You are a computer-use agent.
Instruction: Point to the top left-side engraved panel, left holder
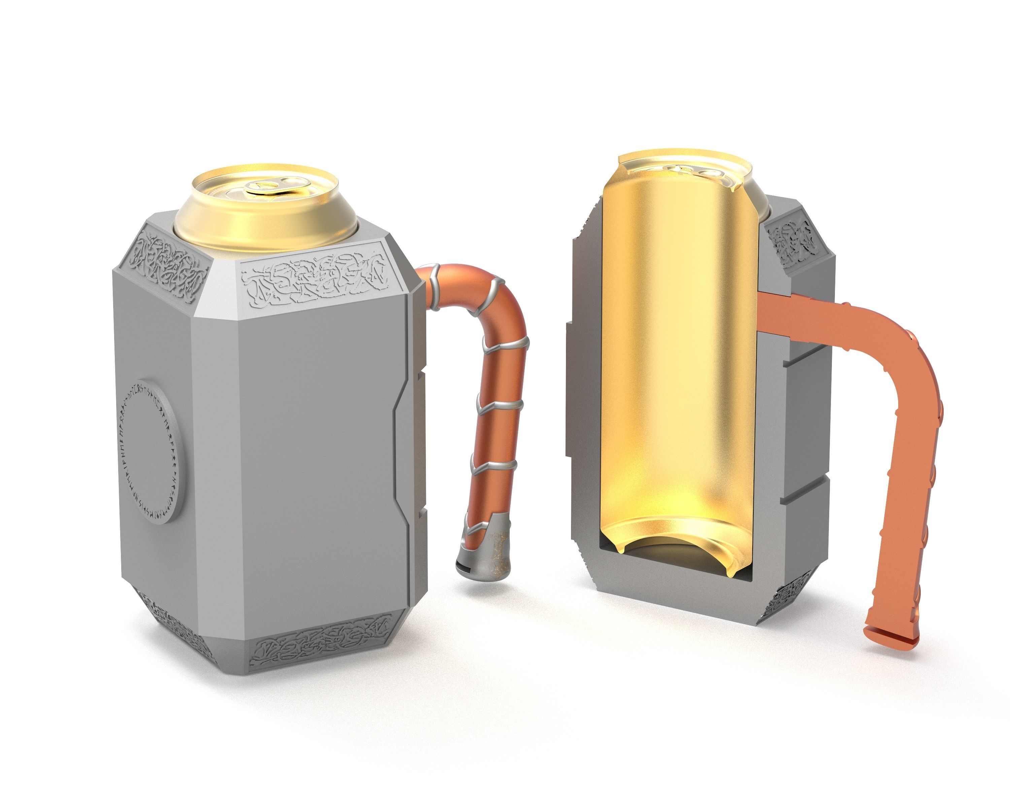tap(169, 260)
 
